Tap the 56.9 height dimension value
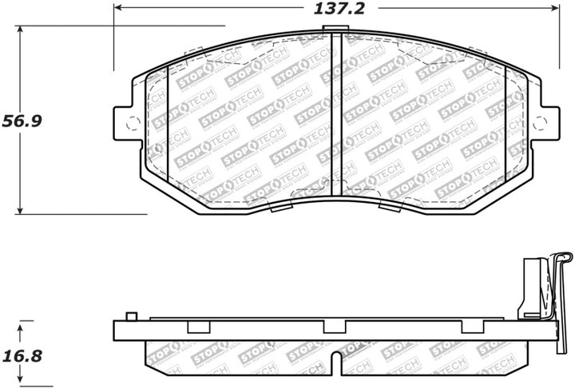click(x=26, y=121)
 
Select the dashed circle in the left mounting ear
click(x=133, y=122)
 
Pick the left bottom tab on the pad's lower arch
click(x=281, y=208)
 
